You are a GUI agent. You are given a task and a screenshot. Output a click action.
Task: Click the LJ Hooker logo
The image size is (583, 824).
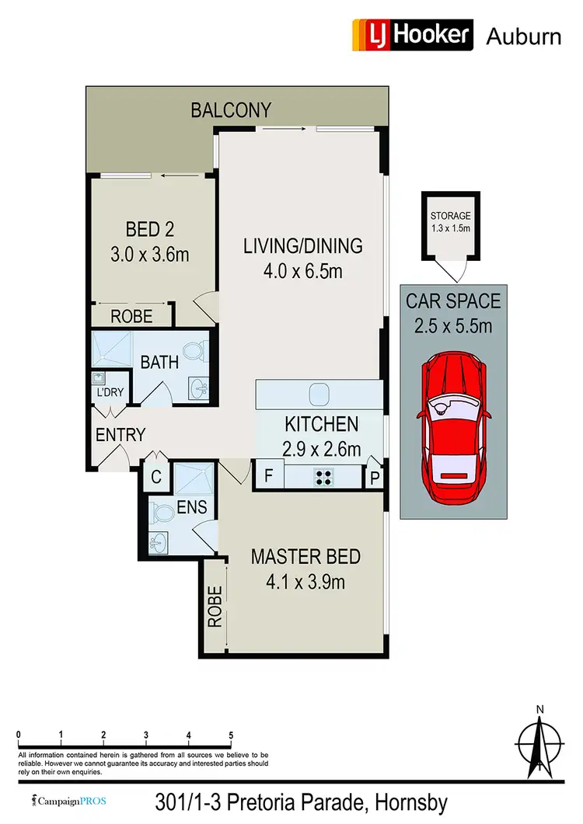click(x=413, y=35)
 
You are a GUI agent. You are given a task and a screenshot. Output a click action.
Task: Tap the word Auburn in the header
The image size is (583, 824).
click(x=523, y=36)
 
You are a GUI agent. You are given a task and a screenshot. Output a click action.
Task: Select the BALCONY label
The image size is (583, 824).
click(x=231, y=110)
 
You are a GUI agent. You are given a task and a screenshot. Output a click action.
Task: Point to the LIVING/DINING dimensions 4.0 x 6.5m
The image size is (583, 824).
click(x=303, y=272)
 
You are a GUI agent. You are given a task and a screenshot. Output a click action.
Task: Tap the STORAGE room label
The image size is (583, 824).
click(x=451, y=216)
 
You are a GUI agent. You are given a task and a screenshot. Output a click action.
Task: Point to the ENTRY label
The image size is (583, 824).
click(x=120, y=435)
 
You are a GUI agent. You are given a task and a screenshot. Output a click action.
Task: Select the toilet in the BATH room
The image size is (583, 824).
click(x=197, y=353)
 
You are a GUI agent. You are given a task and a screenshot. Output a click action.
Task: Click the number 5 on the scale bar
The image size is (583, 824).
click(x=231, y=735)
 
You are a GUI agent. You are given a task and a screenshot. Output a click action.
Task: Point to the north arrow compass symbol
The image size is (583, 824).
click(x=539, y=742)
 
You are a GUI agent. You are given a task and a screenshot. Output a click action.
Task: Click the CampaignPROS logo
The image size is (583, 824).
click(x=68, y=800)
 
